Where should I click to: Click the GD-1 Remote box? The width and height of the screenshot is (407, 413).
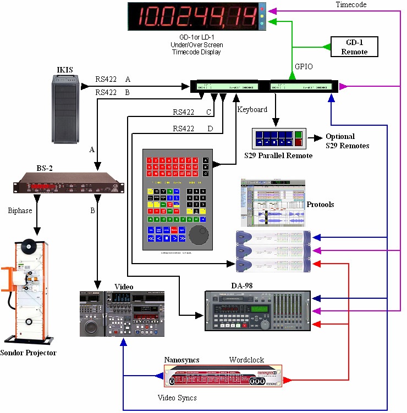point(354,47)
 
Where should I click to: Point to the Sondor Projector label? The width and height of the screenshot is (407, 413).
point(29,353)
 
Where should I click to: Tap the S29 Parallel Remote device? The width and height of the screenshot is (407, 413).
point(278,139)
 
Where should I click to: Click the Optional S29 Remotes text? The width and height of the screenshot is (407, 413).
point(347,141)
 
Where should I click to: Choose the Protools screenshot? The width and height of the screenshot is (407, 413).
point(272,203)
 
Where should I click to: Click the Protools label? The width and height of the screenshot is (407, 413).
point(320,204)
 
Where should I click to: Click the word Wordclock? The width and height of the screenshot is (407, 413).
point(246,360)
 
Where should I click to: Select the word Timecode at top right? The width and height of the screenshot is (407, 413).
point(351,4)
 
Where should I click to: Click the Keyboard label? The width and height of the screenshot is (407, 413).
point(252,110)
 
